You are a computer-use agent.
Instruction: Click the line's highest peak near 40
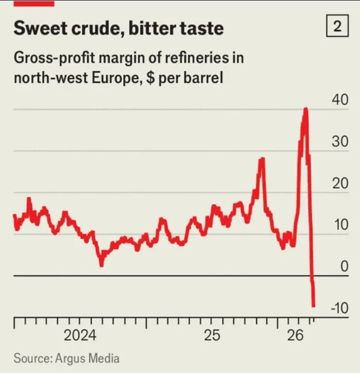pyautogui.click(x=306, y=109)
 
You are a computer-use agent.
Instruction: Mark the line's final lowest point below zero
pyautogui.click(x=313, y=306)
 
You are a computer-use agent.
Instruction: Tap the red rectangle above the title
pyautogui.click(x=33, y=3)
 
